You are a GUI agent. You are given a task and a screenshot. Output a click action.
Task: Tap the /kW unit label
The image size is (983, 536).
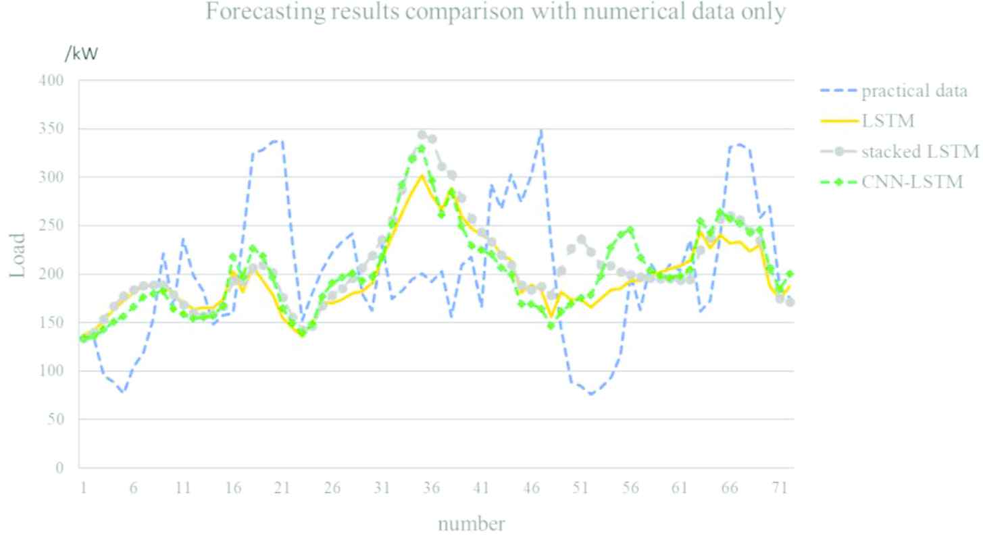(x=81, y=54)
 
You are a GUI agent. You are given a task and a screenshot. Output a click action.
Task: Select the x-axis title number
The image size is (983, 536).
(x=471, y=524)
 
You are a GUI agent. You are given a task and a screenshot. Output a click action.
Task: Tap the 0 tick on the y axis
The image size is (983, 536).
(x=59, y=468)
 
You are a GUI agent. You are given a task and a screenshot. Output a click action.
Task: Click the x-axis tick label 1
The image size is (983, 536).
(x=83, y=488)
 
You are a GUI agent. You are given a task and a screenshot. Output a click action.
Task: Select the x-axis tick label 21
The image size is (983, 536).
(x=282, y=488)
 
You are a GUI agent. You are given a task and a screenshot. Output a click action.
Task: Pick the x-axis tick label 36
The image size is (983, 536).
(x=431, y=488)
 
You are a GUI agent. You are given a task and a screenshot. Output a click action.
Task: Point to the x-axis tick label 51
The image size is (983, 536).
(x=580, y=488)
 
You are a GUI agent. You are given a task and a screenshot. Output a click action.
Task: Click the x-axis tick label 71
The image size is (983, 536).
(x=780, y=488)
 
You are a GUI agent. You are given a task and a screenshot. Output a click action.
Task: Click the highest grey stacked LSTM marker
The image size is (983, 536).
(x=422, y=135)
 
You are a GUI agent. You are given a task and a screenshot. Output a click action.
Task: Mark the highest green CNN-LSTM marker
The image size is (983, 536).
(x=422, y=149)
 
